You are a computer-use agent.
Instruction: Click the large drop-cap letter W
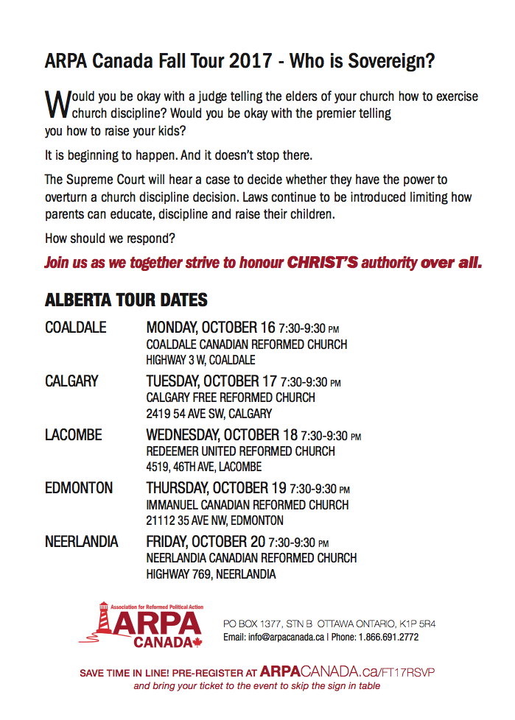point(57,104)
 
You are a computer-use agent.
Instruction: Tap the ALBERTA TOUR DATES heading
point(126,300)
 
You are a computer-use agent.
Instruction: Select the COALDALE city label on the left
point(76,328)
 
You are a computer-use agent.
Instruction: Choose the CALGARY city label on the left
point(71,381)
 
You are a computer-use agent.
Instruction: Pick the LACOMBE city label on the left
point(74,435)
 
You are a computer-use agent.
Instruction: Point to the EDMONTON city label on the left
point(79,488)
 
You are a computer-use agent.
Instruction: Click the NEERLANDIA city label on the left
point(81,542)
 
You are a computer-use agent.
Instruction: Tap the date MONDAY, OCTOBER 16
point(210,328)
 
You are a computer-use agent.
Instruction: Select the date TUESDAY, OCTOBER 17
point(211,381)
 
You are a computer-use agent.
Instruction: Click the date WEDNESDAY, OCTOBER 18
point(223,435)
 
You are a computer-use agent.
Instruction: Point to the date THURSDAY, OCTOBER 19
point(217,488)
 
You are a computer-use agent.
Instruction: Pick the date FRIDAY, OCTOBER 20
point(206,542)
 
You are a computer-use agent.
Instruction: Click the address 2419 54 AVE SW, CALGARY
point(209,414)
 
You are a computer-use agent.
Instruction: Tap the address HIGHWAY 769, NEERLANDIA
point(211,574)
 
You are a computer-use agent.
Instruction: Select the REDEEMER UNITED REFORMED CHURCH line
point(240,451)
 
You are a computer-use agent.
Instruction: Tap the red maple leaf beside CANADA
point(197,642)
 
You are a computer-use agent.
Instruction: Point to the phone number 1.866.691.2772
point(390,637)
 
